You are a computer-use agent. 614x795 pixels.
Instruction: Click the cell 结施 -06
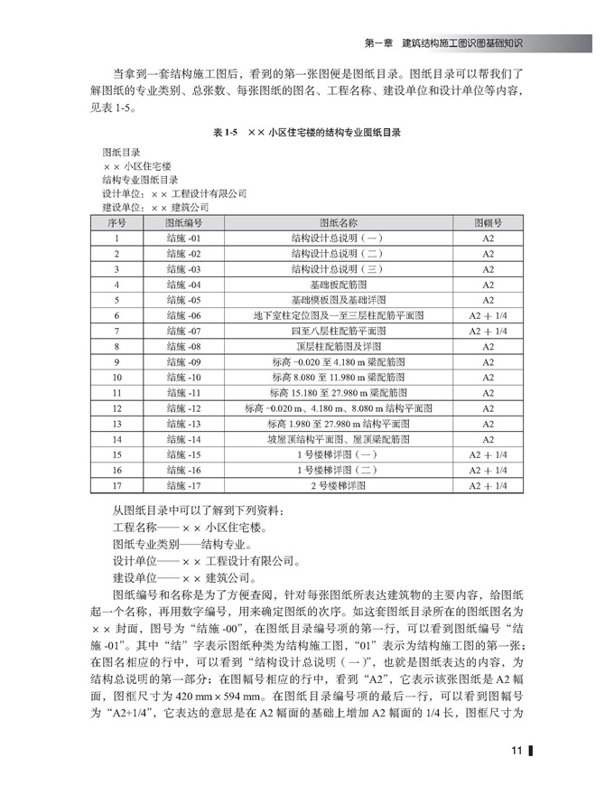[183, 315]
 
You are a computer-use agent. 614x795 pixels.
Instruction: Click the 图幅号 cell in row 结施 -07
[488, 331]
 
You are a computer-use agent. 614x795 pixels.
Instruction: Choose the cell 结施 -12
[183, 408]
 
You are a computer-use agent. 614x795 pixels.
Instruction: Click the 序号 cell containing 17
[117, 485]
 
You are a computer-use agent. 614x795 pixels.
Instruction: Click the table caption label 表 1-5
[224, 131]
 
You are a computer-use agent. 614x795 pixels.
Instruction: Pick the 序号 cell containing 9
[117, 361]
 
